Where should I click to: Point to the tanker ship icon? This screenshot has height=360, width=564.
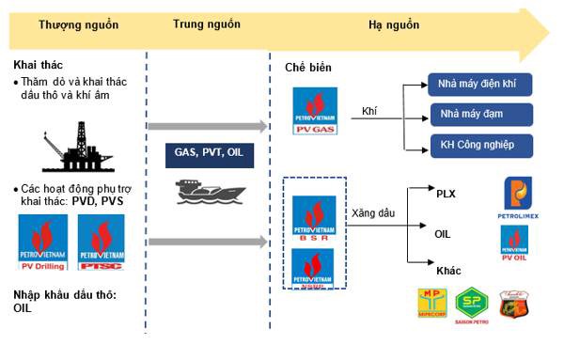click(205, 192)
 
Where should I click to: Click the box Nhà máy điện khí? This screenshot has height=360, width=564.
click(479, 86)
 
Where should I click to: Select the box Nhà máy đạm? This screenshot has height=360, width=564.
click(479, 116)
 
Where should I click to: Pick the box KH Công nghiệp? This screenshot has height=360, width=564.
click(479, 146)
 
